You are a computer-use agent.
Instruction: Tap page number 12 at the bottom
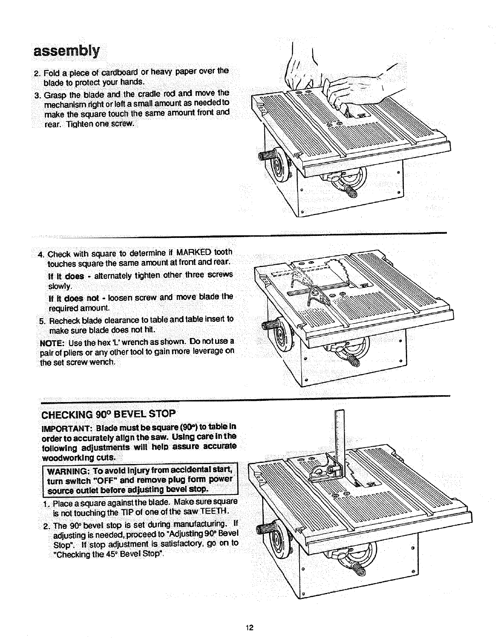point(249,628)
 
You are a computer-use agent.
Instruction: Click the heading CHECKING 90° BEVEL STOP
point(109,414)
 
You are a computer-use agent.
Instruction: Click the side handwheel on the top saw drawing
point(279,166)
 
